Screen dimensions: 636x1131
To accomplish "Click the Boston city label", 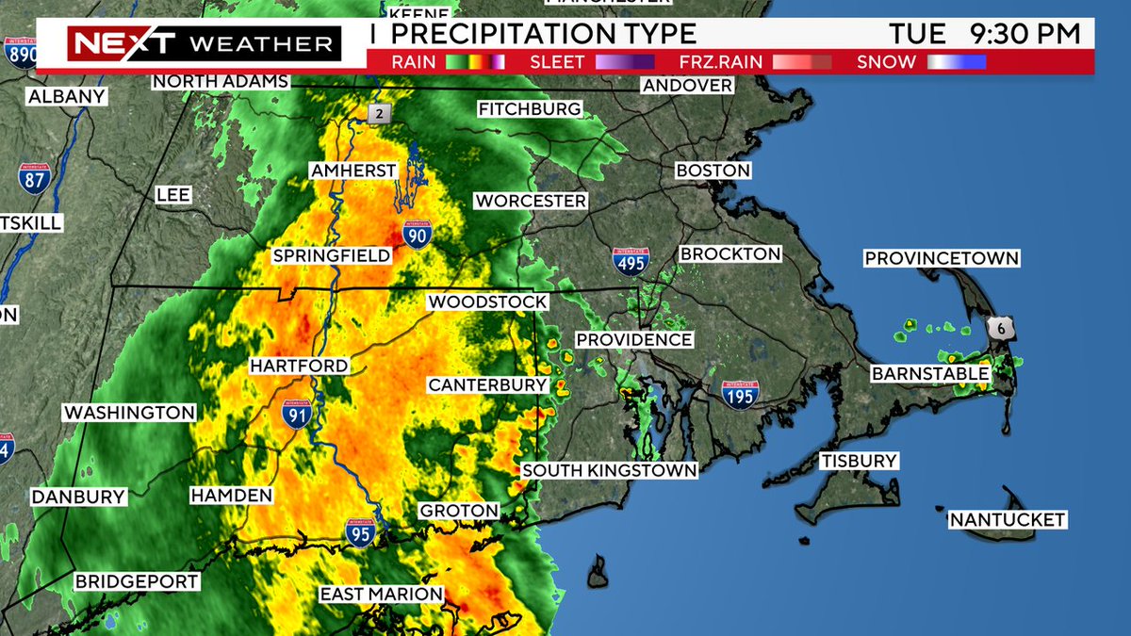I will (713, 171).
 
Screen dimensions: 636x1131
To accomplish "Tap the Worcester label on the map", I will (531, 201).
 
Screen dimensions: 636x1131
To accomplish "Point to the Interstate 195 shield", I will (740, 395).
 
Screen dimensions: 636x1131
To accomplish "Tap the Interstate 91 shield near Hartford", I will (297, 414).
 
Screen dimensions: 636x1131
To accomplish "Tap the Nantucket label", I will (1008, 519).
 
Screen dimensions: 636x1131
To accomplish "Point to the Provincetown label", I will (942, 258).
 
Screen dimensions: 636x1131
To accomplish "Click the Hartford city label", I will (299, 366).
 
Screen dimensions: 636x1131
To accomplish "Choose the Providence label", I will (633, 339).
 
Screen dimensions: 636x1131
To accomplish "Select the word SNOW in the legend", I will (886, 63).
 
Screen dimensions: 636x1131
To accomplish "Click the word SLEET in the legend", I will (556, 63).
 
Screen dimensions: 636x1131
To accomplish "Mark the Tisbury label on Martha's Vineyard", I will (858, 461).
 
